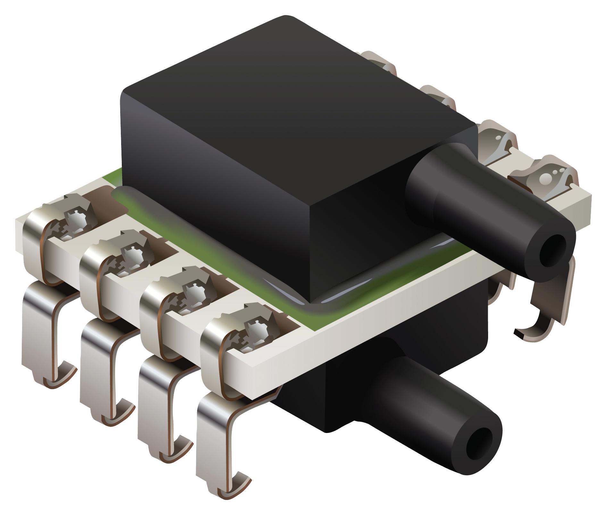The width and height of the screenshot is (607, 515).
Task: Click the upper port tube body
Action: pyautogui.click(x=465, y=205)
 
